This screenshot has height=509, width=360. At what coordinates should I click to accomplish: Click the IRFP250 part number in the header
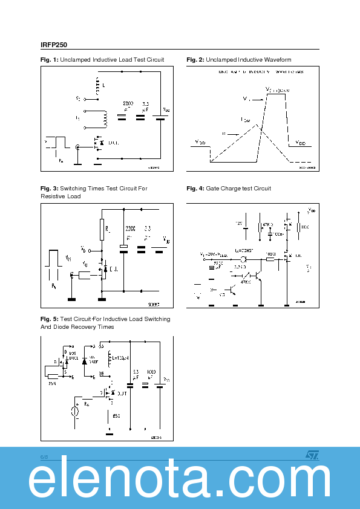click(54, 44)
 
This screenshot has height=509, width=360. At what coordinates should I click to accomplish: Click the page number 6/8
click(45, 456)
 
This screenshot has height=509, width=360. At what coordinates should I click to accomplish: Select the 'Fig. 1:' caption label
click(49, 60)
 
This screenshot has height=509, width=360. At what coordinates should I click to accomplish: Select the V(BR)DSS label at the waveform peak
click(278, 89)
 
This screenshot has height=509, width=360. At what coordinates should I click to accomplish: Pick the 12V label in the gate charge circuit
click(240, 223)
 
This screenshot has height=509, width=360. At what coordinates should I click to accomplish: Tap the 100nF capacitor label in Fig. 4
click(278, 233)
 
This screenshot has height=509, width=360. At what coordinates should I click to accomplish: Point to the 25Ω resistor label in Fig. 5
click(52, 383)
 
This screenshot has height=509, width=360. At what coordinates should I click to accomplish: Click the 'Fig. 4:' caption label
click(195, 189)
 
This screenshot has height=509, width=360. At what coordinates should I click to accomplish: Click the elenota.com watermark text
click(180, 481)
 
